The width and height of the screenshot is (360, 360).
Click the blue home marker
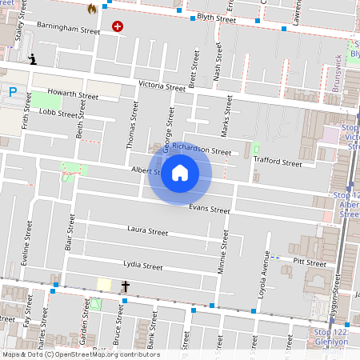point(180,172)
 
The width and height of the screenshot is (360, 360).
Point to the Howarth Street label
point(73,96)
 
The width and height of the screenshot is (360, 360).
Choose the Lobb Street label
point(58,114)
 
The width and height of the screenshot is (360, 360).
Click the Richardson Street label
point(202,150)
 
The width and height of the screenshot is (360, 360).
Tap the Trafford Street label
point(277,162)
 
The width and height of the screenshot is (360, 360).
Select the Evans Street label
point(209,210)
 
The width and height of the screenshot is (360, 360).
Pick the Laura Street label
point(147,231)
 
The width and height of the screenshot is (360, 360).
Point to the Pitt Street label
point(310,262)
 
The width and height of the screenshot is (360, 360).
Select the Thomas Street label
point(133,130)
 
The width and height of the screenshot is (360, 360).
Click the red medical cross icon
point(118,26)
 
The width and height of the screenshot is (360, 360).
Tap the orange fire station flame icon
point(92,9)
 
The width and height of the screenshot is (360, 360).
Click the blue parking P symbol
point(13,92)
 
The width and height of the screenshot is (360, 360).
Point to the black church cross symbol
point(126,286)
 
